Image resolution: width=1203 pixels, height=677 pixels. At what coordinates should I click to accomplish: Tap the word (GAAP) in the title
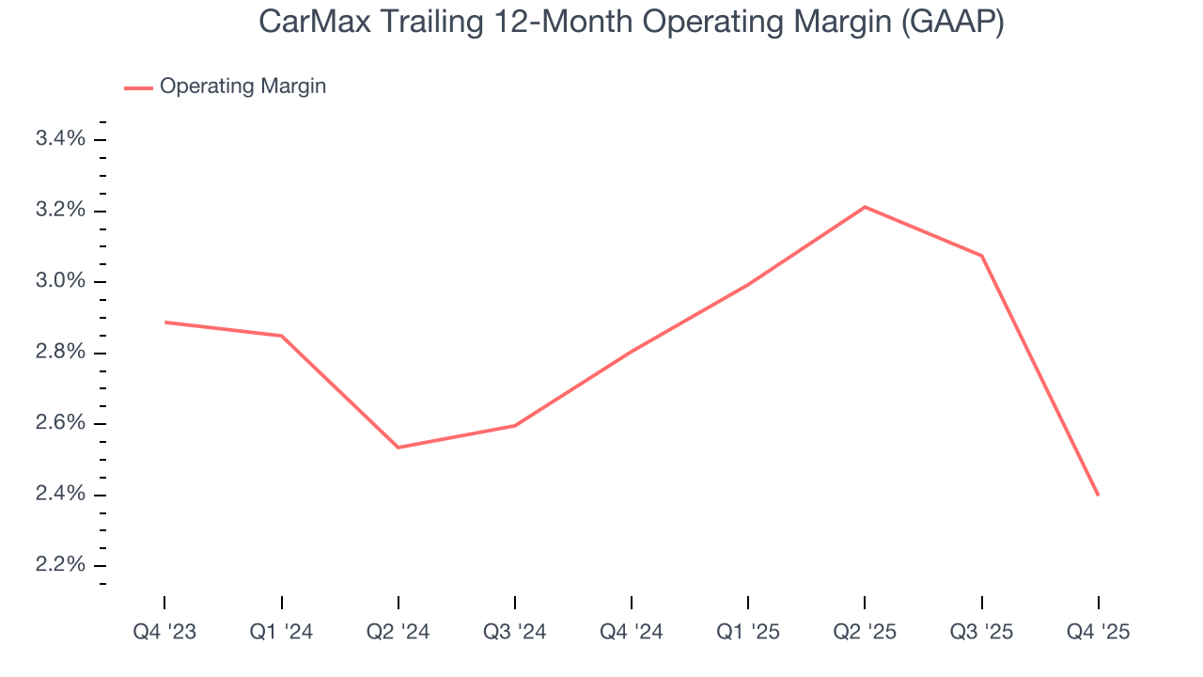coord(952,23)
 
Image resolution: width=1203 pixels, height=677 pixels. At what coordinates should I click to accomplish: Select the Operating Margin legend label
coord(242,87)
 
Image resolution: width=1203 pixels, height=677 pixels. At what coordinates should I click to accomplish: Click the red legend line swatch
coord(138,87)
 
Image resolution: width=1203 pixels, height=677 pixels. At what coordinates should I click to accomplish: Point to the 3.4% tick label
coord(61,140)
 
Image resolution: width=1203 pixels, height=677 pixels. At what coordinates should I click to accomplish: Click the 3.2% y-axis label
coord(61,211)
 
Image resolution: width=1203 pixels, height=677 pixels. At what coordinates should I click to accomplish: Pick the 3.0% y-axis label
coord(61,282)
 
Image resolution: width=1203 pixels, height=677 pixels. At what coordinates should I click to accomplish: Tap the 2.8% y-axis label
coord(61,353)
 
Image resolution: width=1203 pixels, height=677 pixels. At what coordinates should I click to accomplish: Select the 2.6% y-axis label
coord(61,424)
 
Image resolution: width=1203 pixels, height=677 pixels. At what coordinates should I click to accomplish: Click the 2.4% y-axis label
coord(61,495)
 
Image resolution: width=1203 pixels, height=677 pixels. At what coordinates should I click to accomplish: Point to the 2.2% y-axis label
coord(61,566)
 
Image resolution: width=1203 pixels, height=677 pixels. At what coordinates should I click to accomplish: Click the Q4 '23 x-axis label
coord(164,632)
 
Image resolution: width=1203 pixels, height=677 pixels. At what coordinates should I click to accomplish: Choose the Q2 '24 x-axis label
coord(398,632)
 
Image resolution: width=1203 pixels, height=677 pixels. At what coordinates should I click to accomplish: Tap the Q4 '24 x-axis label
coord(632,632)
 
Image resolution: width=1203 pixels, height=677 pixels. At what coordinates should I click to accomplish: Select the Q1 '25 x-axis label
coord(748,632)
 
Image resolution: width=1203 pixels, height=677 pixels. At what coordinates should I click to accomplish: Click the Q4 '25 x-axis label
coord(1098,632)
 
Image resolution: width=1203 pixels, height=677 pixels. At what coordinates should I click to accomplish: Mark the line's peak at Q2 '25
coord(865,207)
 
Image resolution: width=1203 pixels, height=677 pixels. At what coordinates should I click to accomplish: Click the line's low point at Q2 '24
coord(398,448)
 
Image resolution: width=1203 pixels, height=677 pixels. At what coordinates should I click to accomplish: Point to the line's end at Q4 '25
coord(1098,495)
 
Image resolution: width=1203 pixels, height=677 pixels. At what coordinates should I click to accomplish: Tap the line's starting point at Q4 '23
coord(165,323)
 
